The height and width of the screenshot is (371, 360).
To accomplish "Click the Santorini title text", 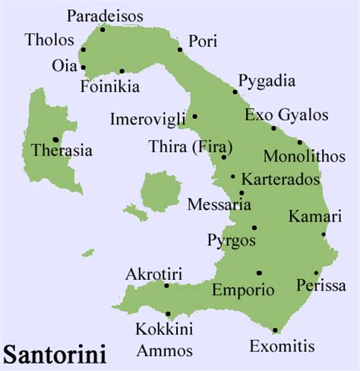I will tap(54, 354).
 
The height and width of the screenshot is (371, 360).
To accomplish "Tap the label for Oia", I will tap(64, 65).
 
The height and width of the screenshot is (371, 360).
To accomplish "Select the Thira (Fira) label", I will tap(191, 146).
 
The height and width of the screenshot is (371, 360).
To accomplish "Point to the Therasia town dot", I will tap(55, 140).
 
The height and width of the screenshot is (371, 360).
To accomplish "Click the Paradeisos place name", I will tap(104, 15).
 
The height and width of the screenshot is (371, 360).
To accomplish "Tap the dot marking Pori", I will tap(180, 50).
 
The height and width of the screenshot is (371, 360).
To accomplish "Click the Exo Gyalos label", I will tap(286, 115).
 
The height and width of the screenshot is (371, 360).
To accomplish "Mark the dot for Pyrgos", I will tap(254, 228).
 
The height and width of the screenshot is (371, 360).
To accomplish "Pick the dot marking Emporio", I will tap(259, 273).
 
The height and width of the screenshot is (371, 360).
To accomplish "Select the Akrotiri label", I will tap(154, 272).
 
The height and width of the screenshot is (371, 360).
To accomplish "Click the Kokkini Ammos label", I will tap(164, 339).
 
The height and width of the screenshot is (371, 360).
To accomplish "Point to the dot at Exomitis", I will tap(275, 330).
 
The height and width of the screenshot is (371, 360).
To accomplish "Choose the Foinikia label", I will tap(110, 86).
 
